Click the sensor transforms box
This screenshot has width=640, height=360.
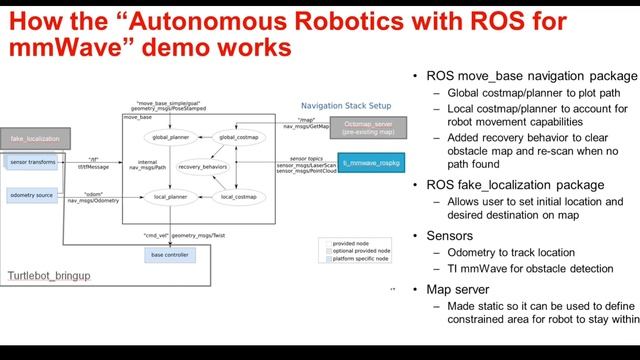click(33, 160)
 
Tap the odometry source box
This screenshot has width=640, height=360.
click(33, 194)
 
